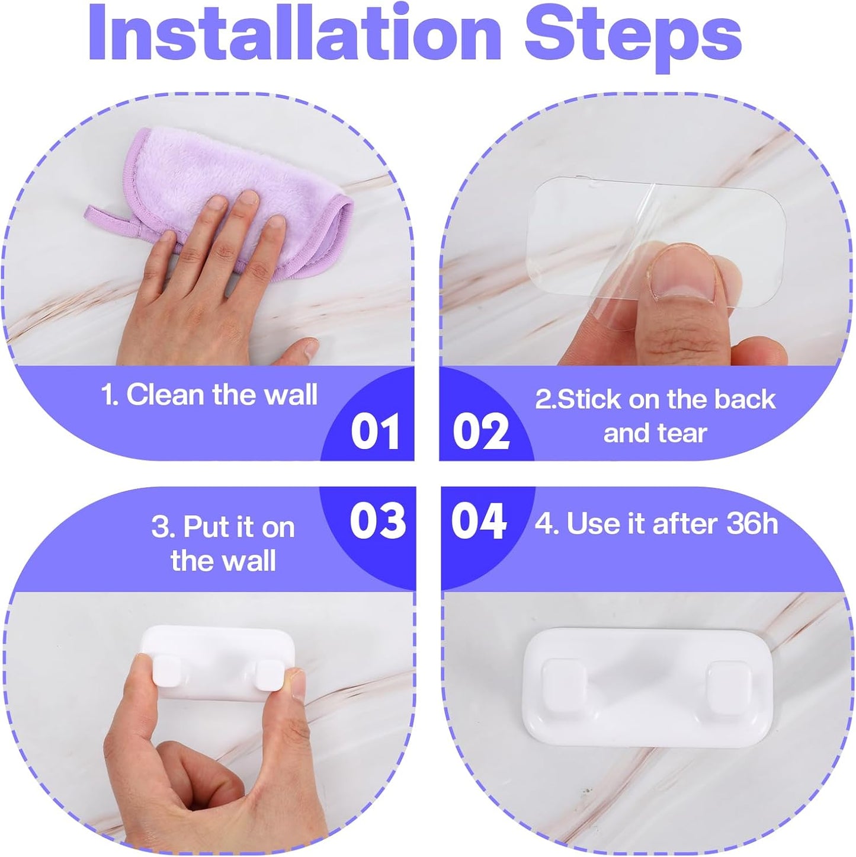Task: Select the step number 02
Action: coord(481,431)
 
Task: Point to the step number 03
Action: coord(378,521)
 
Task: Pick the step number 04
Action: coord(479,521)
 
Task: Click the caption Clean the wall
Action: coord(222,394)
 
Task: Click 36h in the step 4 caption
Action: coord(752,523)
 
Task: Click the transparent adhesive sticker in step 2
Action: coord(656,242)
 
